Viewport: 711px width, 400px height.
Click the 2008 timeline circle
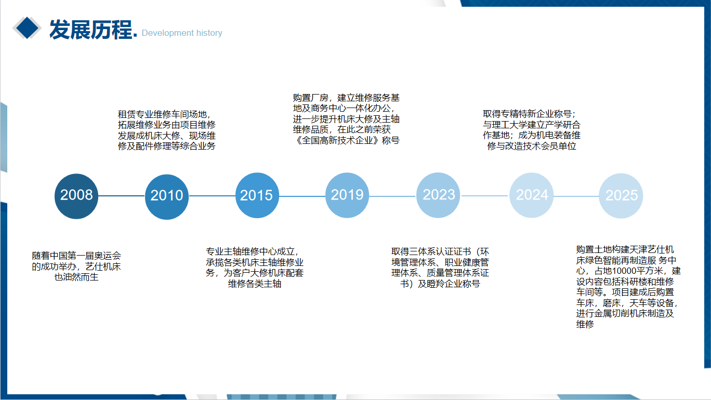(x=76, y=196)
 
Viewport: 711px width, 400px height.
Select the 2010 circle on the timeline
(x=167, y=197)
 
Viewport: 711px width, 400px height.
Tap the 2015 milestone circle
(x=257, y=195)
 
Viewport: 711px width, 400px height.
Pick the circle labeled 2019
(x=347, y=195)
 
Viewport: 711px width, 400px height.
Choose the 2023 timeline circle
(x=438, y=195)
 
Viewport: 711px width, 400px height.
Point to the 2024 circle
(x=531, y=195)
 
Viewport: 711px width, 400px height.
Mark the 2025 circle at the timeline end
(x=621, y=196)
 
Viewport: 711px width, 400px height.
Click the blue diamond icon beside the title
(x=27, y=28)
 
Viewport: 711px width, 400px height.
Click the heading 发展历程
(x=91, y=30)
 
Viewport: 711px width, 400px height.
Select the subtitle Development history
(x=182, y=33)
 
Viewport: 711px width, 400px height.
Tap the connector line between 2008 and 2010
(x=122, y=196)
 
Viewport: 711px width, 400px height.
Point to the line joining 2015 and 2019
(x=302, y=196)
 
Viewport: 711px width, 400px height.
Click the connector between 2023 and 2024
(x=485, y=196)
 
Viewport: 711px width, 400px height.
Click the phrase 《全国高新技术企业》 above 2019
(x=337, y=140)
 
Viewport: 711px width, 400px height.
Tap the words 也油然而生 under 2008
(x=76, y=277)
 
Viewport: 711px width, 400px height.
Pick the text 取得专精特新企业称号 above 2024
(x=527, y=114)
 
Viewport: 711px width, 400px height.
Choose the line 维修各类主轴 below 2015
(x=255, y=284)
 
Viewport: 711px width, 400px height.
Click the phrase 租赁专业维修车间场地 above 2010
(x=162, y=114)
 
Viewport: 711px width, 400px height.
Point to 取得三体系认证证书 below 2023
(x=431, y=252)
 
